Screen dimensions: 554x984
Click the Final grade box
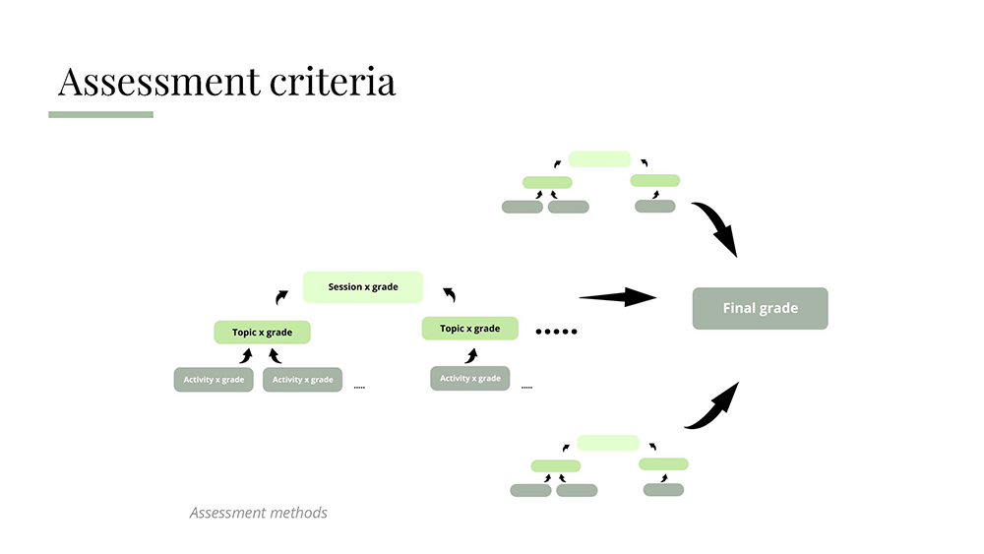click(760, 308)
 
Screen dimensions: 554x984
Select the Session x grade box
click(363, 286)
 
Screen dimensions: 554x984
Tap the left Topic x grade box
click(263, 333)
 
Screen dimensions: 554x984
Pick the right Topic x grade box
click(469, 329)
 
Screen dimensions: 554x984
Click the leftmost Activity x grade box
click(214, 379)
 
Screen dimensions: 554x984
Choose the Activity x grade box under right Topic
click(469, 378)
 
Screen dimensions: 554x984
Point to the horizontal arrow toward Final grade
click(617, 297)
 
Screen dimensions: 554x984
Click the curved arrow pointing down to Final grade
click(715, 227)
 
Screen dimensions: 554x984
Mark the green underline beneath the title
click(100, 114)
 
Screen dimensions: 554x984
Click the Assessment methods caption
click(258, 513)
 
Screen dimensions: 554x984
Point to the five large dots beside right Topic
click(556, 332)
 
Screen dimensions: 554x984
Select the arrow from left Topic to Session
click(282, 295)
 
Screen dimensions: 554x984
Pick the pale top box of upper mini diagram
click(599, 158)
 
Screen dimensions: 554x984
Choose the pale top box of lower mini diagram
click(607, 443)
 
